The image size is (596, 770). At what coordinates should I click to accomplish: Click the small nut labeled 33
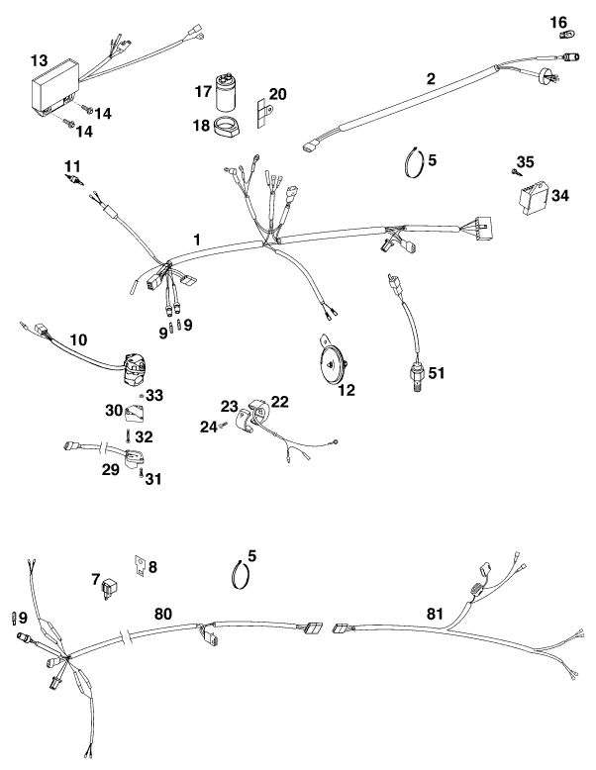pyautogui.click(x=142, y=394)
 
